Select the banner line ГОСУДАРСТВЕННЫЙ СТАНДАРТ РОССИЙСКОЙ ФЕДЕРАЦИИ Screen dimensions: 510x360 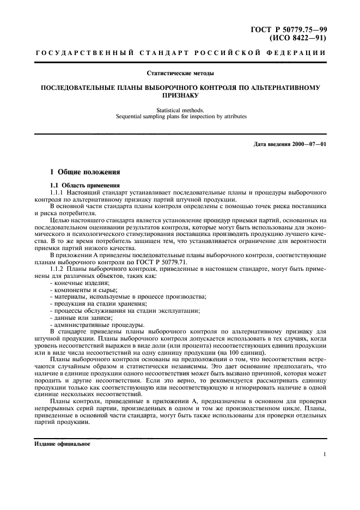point(180,53)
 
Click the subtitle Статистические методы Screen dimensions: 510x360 point(180,73)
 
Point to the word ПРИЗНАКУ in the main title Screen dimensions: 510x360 point(180,94)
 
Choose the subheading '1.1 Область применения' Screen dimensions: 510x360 point(82,186)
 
